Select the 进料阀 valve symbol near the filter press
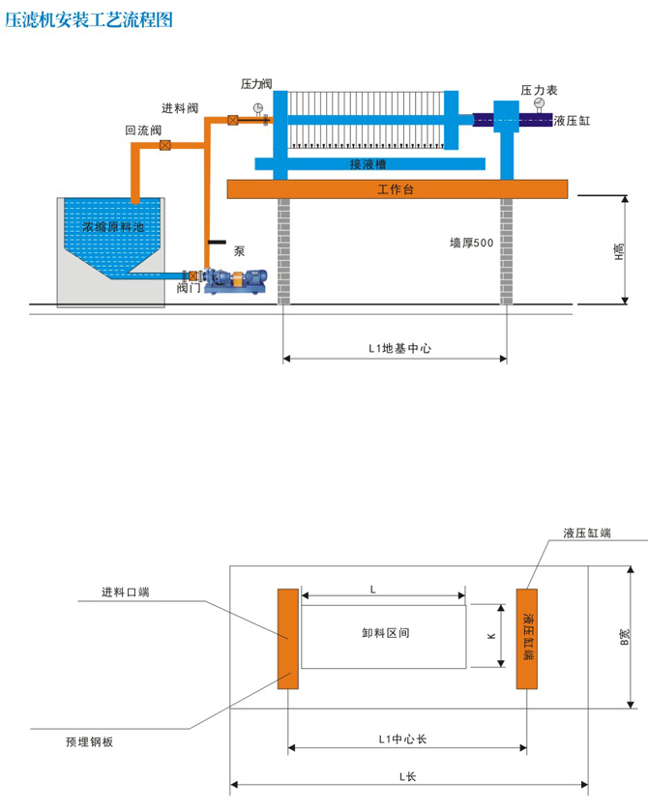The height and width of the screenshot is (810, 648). [x=233, y=121]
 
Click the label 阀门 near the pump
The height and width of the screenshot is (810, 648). [x=189, y=288]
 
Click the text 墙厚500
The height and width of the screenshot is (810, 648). [x=472, y=244]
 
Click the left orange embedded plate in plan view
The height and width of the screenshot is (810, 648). [x=287, y=638]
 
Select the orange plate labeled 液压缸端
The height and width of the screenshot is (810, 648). [x=526, y=638]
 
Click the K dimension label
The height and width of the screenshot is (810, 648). [x=491, y=637]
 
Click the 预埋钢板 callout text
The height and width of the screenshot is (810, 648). [x=90, y=742]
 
